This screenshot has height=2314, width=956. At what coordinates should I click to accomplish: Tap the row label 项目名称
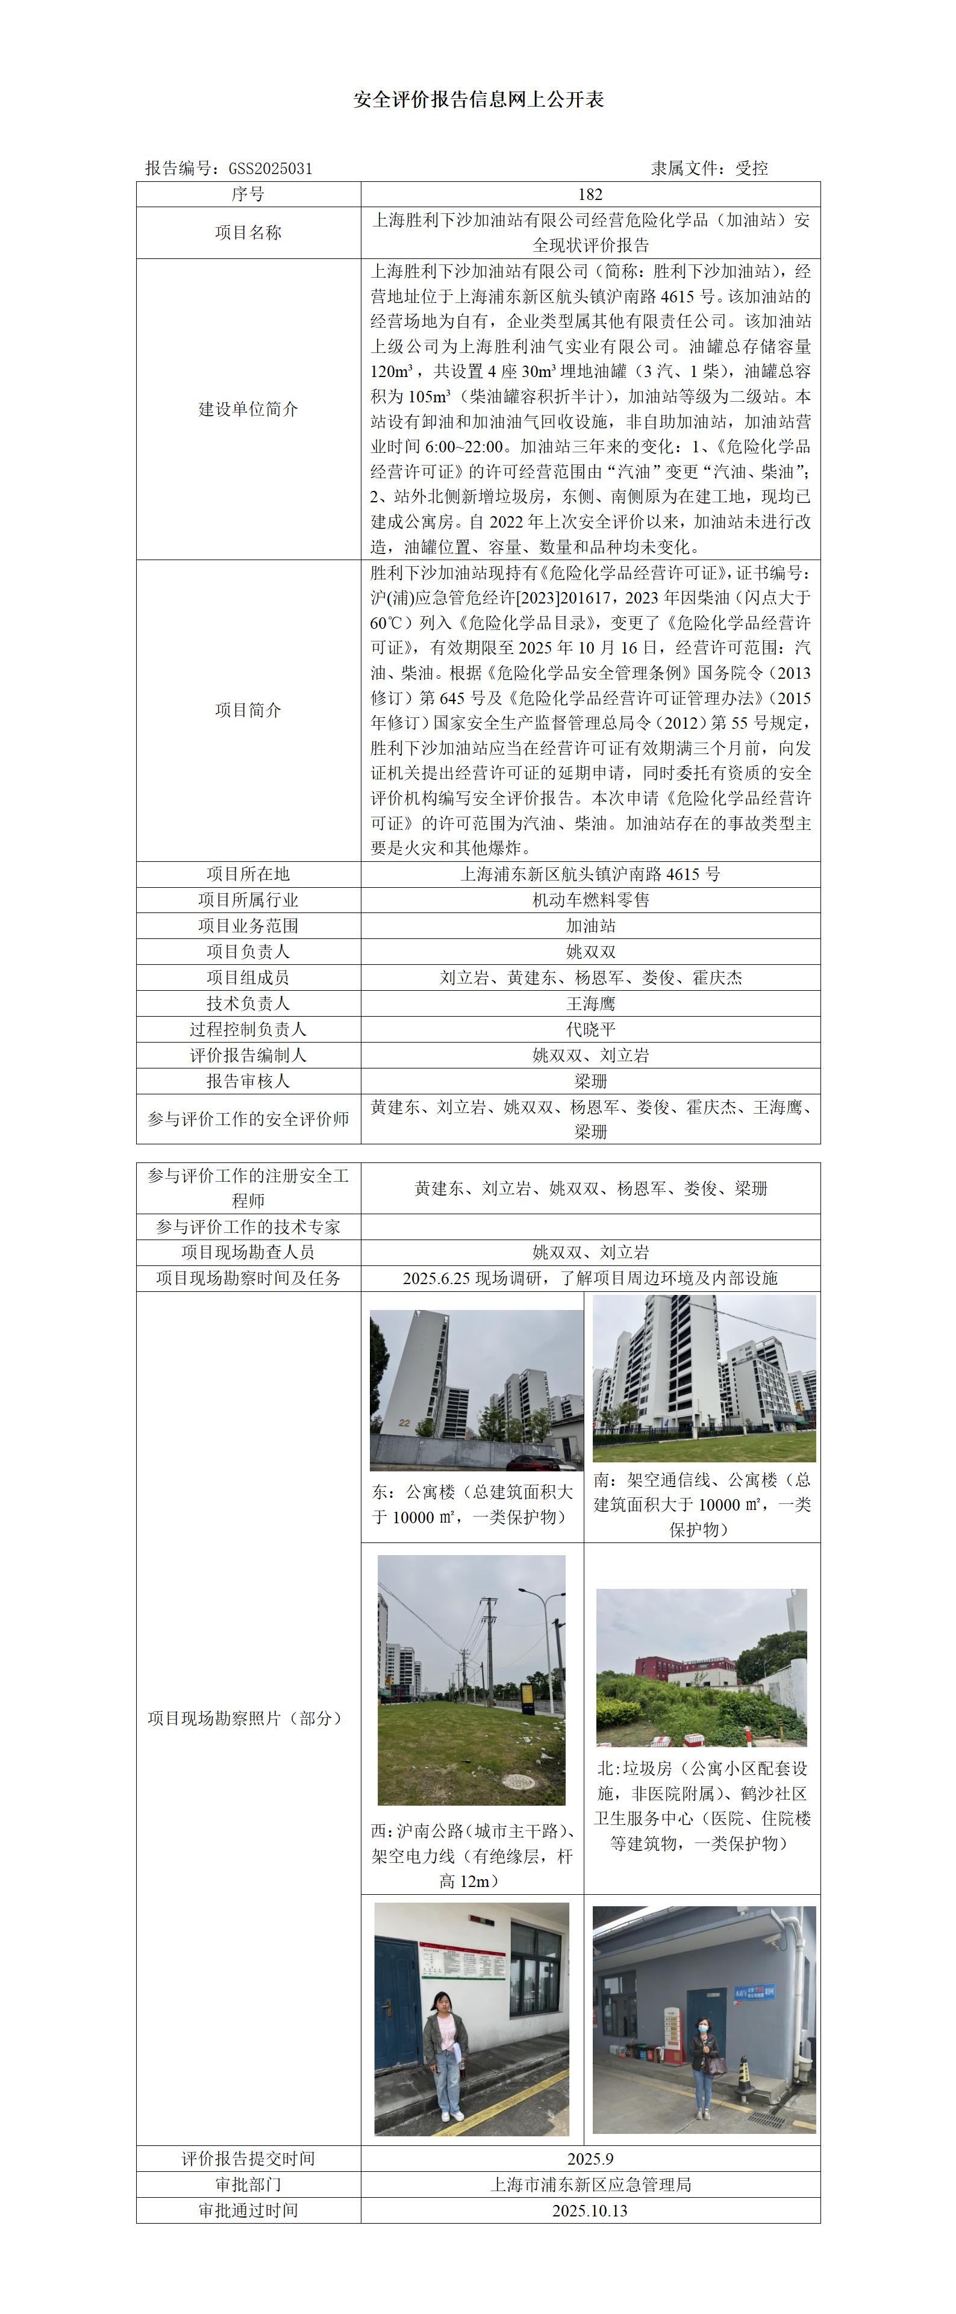click(x=248, y=232)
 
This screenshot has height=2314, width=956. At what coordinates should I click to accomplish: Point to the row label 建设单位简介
click(x=248, y=410)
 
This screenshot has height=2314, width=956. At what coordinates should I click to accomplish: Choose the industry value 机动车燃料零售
click(x=590, y=900)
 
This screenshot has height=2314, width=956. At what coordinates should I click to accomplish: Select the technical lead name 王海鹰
click(x=590, y=1004)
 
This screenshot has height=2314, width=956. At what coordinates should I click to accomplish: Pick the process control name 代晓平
click(x=590, y=1029)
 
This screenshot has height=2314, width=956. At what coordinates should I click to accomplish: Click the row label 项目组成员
click(x=248, y=978)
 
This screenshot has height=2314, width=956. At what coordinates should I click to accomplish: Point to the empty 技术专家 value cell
click(x=590, y=1227)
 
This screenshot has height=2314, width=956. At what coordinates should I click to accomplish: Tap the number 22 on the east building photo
click(x=404, y=1423)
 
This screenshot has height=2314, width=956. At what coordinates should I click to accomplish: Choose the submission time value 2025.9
click(x=590, y=2159)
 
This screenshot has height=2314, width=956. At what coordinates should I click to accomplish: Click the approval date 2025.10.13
click(x=590, y=2210)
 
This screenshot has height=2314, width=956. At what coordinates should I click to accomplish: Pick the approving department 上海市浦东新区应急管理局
click(x=590, y=2185)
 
